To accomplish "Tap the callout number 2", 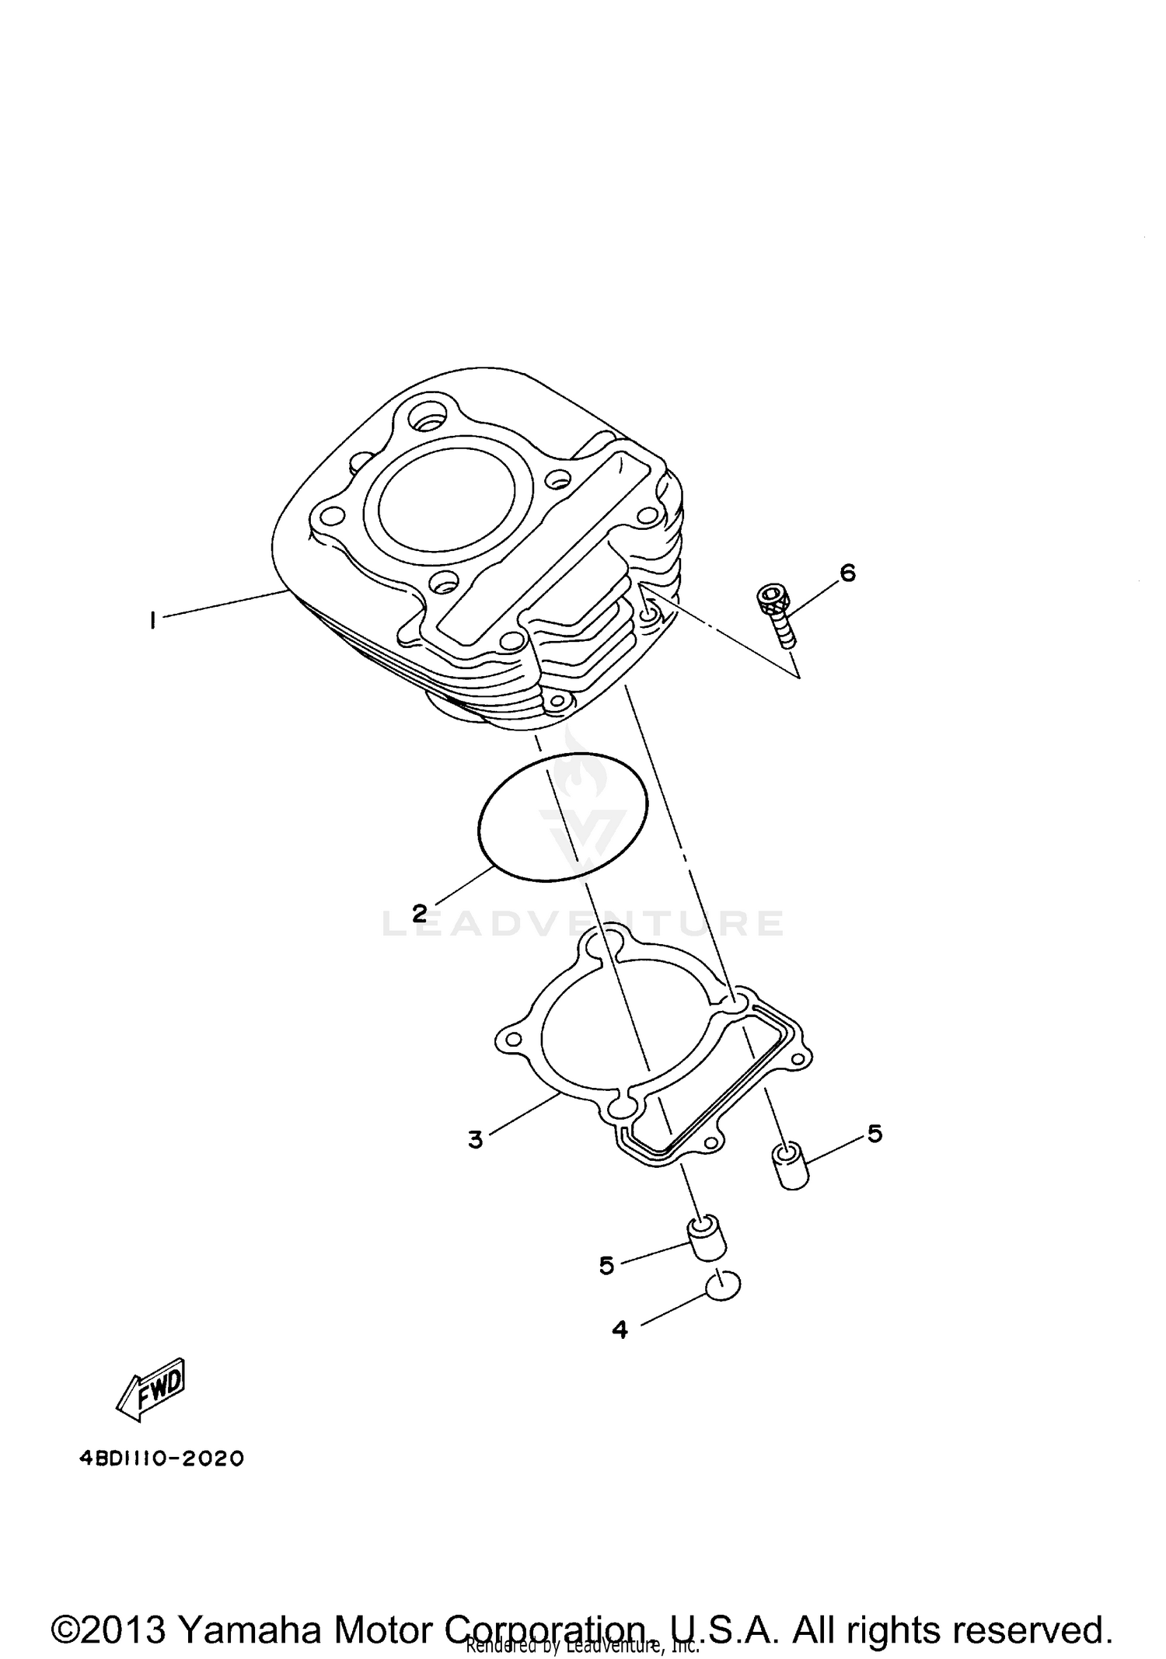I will pos(420,913).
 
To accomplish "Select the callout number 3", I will pos(475,1140).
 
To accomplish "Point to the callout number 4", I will pos(620,1330).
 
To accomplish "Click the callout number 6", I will pos(847,573).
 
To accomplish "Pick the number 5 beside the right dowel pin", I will pos(874,1134).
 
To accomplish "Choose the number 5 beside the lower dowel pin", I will pos(606,1265).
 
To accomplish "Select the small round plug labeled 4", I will pos(723,1286).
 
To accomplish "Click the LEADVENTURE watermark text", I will pos(583,922).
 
